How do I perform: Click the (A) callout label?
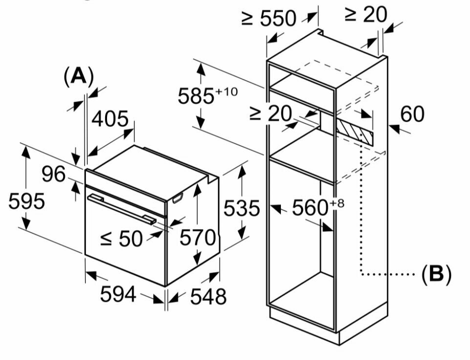[x=78, y=77]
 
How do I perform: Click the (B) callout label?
[x=436, y=274]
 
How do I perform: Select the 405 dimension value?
[x=110, y=119]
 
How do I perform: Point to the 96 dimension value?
[x=53, y=174]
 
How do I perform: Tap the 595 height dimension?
[x=26, y=201]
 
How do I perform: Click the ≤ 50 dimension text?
[x=122, y=238]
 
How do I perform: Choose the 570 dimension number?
[x=197, y=238]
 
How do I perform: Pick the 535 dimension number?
[x=241, y=209]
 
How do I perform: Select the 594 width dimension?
[x=118, y=294]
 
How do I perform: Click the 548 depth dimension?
[x=208, y=296]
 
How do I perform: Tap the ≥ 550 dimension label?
[x=269, y=19]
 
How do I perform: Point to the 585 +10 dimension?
[x=207, y=95]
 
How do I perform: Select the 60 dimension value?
[x=412, y=114]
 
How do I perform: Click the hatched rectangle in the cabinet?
[x=354, y=130]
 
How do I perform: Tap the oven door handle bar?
[x=122, y=209]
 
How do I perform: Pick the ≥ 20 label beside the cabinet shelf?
[x=270, y=113]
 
